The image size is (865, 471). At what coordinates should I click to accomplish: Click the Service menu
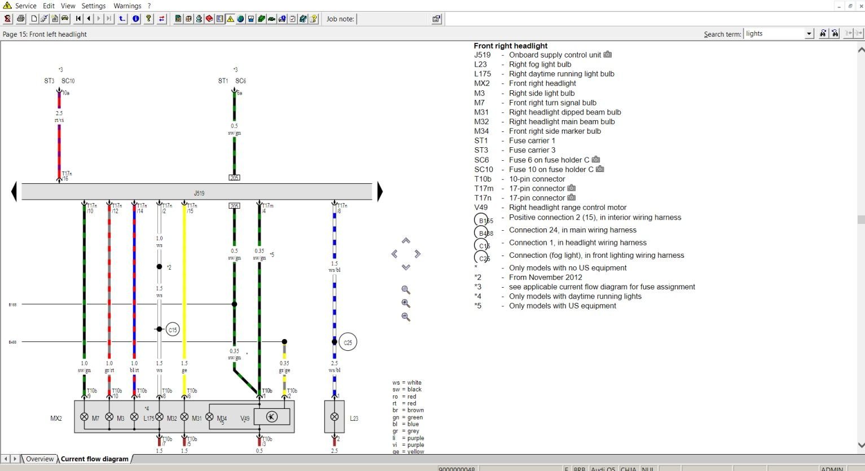point(25,6)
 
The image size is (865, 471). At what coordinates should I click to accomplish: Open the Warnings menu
point(127,6)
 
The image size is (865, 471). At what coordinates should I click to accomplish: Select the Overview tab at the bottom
point(39,459)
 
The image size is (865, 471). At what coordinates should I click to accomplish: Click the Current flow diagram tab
point(95,459)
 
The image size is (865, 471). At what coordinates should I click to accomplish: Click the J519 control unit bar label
point(199,193)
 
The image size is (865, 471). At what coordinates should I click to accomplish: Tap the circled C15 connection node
point(173,329)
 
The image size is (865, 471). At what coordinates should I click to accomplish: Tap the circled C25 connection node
point(348,342)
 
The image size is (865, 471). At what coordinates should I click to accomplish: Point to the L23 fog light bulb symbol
point(335,417)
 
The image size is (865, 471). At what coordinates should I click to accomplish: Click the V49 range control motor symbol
point(271,417)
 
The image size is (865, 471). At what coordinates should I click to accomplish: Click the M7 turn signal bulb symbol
point(84,417)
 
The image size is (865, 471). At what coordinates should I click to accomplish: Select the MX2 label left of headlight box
point(56,419)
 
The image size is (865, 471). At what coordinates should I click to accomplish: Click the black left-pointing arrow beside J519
point(14,192)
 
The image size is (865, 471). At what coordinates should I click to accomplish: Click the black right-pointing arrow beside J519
point(380,192)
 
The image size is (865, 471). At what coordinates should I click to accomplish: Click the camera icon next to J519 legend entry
point(608,55)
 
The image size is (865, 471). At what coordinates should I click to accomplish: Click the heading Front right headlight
point(511,46)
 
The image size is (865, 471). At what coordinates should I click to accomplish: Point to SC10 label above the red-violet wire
point(68,81)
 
